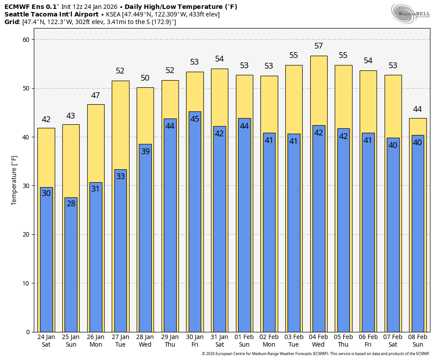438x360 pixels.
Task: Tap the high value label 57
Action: (319, 46)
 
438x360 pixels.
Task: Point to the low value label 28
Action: (71, 204)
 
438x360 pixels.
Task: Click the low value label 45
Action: (195, 119)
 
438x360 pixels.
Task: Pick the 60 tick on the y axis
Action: (26, 40)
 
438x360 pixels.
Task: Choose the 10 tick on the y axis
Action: (26, 283)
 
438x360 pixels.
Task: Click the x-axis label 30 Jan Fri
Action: (195, 340)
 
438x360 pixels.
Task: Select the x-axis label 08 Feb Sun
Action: (418, 340)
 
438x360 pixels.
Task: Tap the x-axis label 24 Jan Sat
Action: (46, 340)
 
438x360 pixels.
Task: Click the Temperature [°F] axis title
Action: (14, 180)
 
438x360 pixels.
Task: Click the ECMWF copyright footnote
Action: (316, 354)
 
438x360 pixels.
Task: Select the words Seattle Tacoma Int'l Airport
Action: (51, 14)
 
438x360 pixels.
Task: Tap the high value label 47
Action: (96, 95)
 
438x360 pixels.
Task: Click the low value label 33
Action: (120, 176)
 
